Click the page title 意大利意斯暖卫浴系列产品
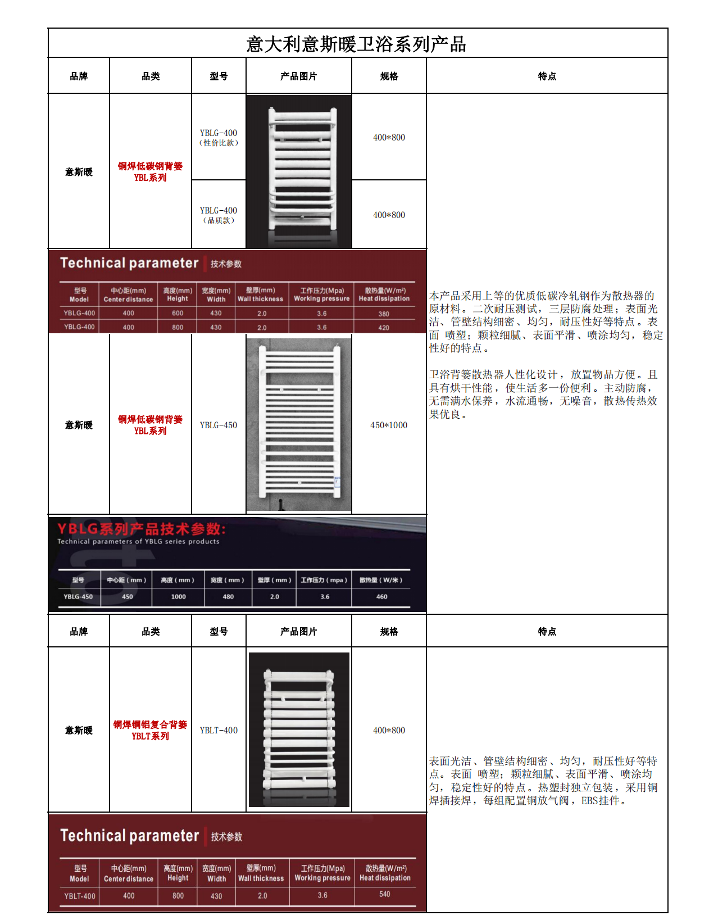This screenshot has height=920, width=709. click(x=356, y=44)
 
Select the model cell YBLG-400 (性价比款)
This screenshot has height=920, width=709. click(x=219, y=138)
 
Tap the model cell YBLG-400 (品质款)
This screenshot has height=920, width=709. click(x=219, y=215)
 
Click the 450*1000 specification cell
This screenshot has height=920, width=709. click(x=389, y=425)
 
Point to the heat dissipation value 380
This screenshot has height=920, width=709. click(x=384, y=314)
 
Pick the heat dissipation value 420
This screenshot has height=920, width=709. click(x=384, y=328)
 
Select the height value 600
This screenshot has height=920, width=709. click(x=178, y=314)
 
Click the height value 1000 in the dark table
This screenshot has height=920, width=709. click(x=179, y=597)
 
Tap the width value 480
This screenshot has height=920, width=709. click(x=228, y=597)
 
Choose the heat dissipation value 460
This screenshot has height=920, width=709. click(x=382, y=597)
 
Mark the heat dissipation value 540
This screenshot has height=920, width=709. click(x=385, y=894)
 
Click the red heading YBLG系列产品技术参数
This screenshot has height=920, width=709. click(x=142, y=529)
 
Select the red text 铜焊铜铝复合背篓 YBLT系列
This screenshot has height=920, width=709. click(x=150, y=730)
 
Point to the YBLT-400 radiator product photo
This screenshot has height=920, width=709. click(x=299, y=729)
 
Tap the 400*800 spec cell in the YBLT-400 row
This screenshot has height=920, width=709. click(x=389, y=731)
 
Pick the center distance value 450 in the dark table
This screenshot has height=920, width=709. click(x=128, y=597)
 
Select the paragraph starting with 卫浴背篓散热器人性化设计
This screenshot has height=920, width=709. click(x=543, y=395)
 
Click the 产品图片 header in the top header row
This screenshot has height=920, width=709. click(x=299, y=76)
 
